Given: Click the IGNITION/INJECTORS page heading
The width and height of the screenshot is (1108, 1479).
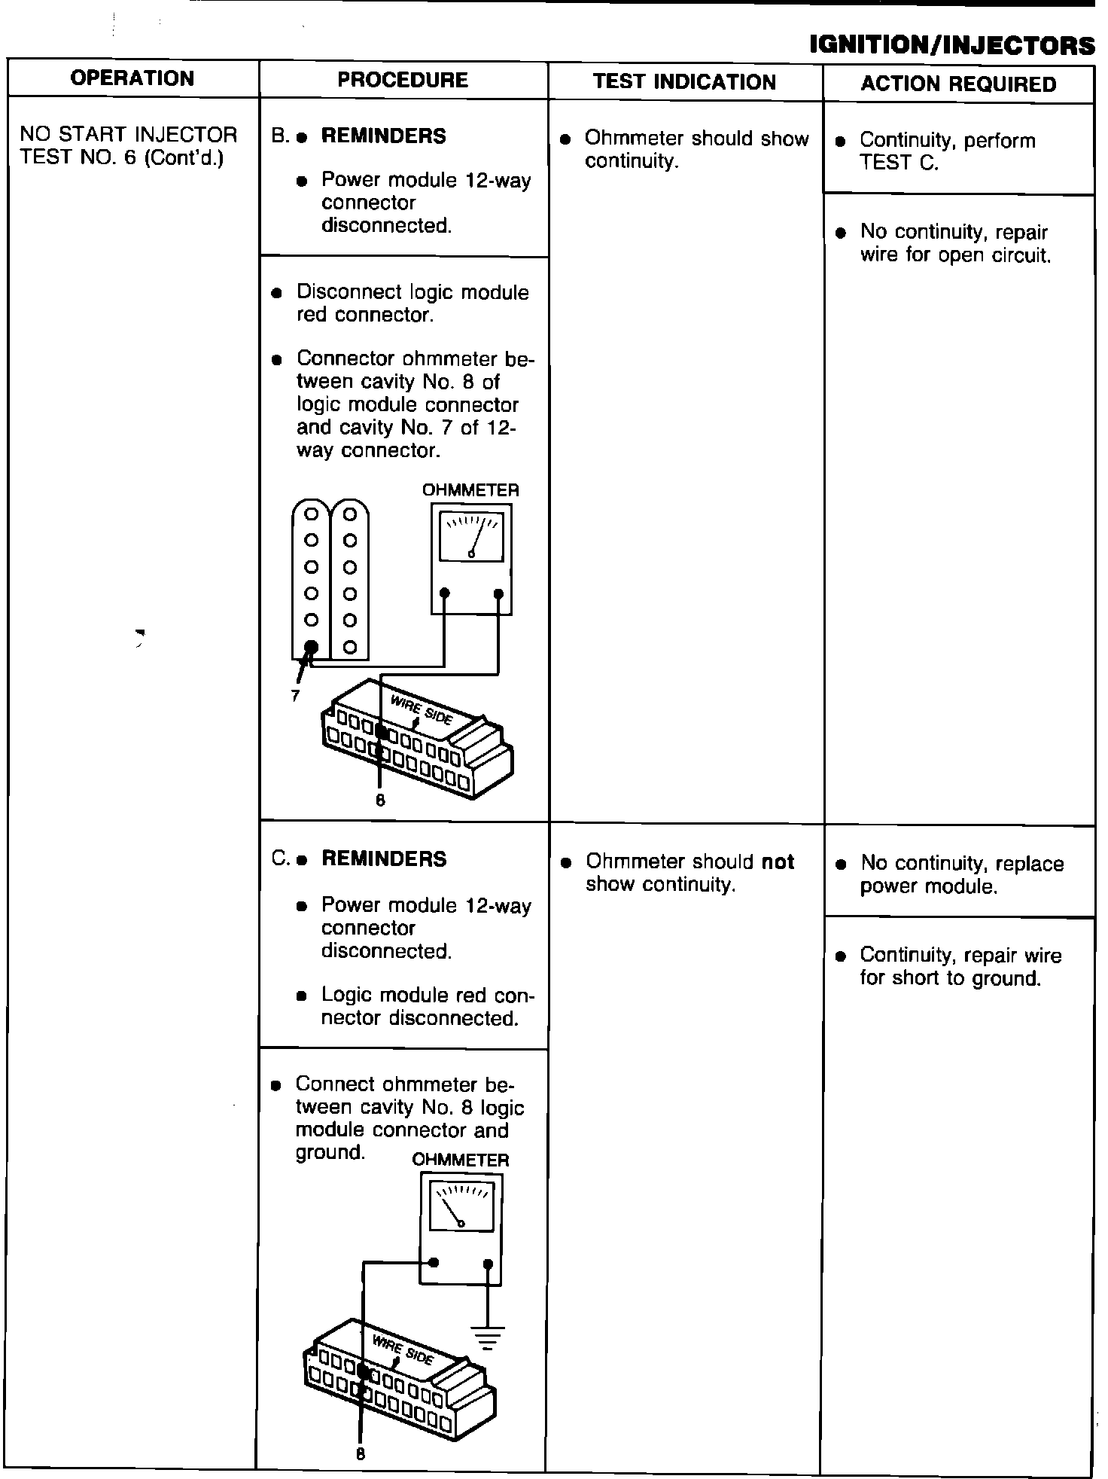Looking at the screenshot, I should (x=951, y=45).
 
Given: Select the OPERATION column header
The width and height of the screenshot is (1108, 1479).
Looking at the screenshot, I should (x=132, y=78).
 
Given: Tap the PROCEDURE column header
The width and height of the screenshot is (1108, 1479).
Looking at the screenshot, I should (x=403, y=80).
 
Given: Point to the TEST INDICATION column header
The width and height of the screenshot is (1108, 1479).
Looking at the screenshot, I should (x=684, y=81).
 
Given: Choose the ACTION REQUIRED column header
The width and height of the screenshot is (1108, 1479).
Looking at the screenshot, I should (x=958, y=84).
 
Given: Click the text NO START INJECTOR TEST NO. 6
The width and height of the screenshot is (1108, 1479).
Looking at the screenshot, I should (x=128, y=146).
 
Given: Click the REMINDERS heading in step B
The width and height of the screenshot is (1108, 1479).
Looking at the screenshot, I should (x=383, y=136).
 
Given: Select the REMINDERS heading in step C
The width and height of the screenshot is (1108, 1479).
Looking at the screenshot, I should (x=384, y=859).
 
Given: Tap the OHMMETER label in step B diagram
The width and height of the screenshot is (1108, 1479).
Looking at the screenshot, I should (x=470, y=490).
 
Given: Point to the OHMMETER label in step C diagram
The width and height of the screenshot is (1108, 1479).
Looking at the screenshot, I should (x=461, y=1160).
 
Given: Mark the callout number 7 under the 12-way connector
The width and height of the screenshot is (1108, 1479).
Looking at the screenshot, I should (x=295, y=697).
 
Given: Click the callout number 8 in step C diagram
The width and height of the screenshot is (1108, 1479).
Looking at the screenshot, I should (x=360, y=1454).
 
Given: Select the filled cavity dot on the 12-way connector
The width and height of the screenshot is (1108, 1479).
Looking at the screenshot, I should (x=311, y=647).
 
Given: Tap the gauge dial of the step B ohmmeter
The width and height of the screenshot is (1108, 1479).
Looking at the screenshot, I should (x=471, y=537).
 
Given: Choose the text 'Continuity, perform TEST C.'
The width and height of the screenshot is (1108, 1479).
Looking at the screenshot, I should (x=947, y=151).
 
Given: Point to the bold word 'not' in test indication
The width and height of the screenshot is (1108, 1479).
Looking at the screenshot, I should (x=778, y=861).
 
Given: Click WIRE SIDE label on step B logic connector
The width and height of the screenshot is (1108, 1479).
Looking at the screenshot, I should (x=422, y=709).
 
